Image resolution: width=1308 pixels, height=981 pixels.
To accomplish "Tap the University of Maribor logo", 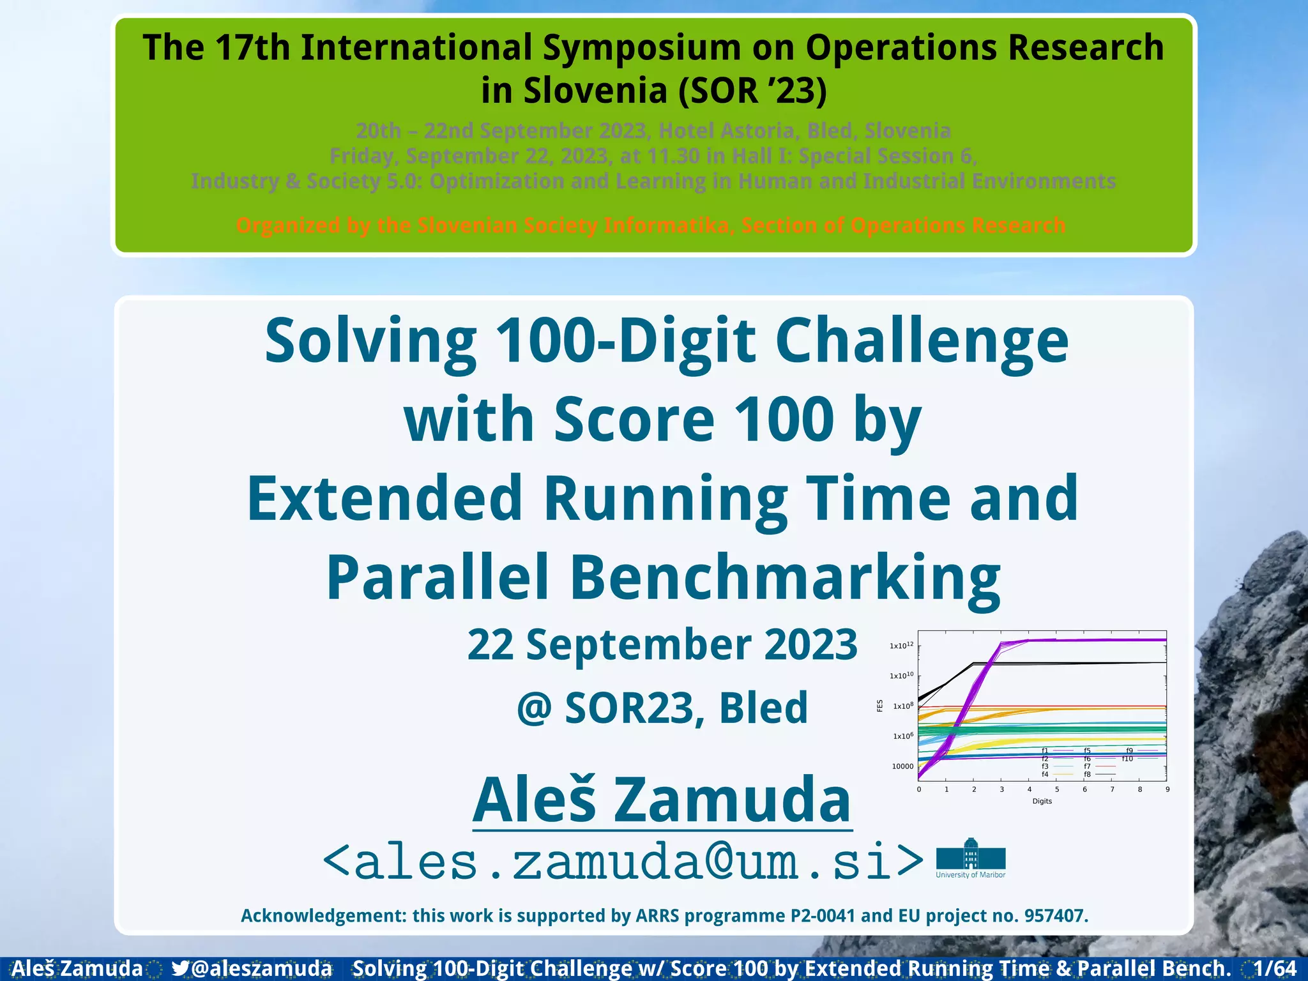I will [970, 858].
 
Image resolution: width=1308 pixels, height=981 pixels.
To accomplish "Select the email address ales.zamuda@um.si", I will [623, 862].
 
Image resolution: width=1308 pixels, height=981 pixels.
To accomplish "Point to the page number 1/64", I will [1275, 968].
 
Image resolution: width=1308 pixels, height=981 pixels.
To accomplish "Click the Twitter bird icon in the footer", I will [180, 968].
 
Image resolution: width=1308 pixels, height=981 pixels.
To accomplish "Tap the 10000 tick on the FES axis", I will [902, 766].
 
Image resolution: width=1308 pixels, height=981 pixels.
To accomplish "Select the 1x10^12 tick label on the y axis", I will [901, 646].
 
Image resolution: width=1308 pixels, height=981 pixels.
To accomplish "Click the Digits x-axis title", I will [1042, 801].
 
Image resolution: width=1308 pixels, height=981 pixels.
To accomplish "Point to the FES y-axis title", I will [879, 706].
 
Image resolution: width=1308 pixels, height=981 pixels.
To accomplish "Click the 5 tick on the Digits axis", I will [1057, 789].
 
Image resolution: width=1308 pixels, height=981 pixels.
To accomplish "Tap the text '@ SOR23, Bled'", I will [662, 708].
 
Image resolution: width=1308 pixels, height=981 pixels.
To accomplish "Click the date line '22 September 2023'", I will [662, 645].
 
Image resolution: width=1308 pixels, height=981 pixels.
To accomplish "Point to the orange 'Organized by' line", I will [650, 225].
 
